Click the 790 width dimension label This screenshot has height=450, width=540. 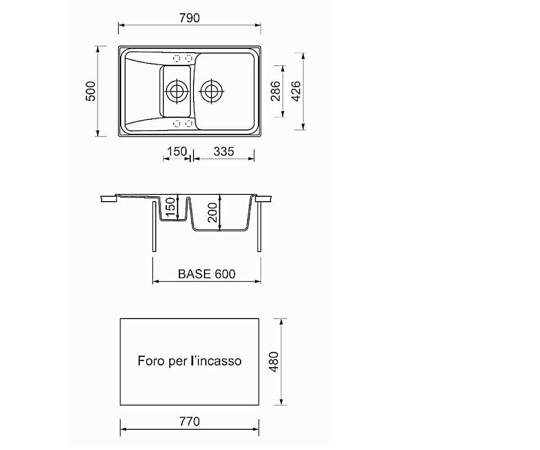point(189,18)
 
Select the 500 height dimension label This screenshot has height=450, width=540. point(90,91)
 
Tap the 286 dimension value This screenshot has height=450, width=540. point(275,91)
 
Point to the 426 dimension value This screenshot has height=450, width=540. point(296,91)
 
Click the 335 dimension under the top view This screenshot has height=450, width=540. point(224,152)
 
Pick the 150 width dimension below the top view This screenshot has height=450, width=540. point(177,151)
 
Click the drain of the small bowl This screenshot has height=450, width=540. point(177,91)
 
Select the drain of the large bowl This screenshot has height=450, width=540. point(211,91)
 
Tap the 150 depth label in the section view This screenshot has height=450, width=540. point(171,207)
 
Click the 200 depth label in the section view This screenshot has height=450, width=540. point(212,212)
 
